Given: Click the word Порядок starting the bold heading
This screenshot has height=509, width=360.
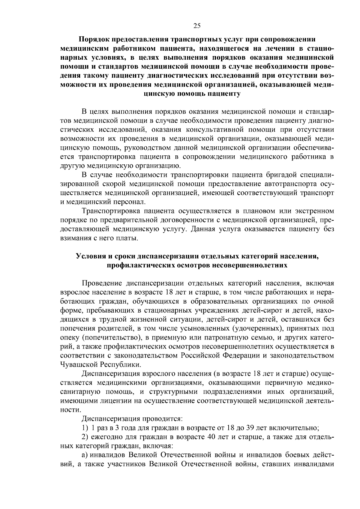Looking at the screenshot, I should tap(94, 39).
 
